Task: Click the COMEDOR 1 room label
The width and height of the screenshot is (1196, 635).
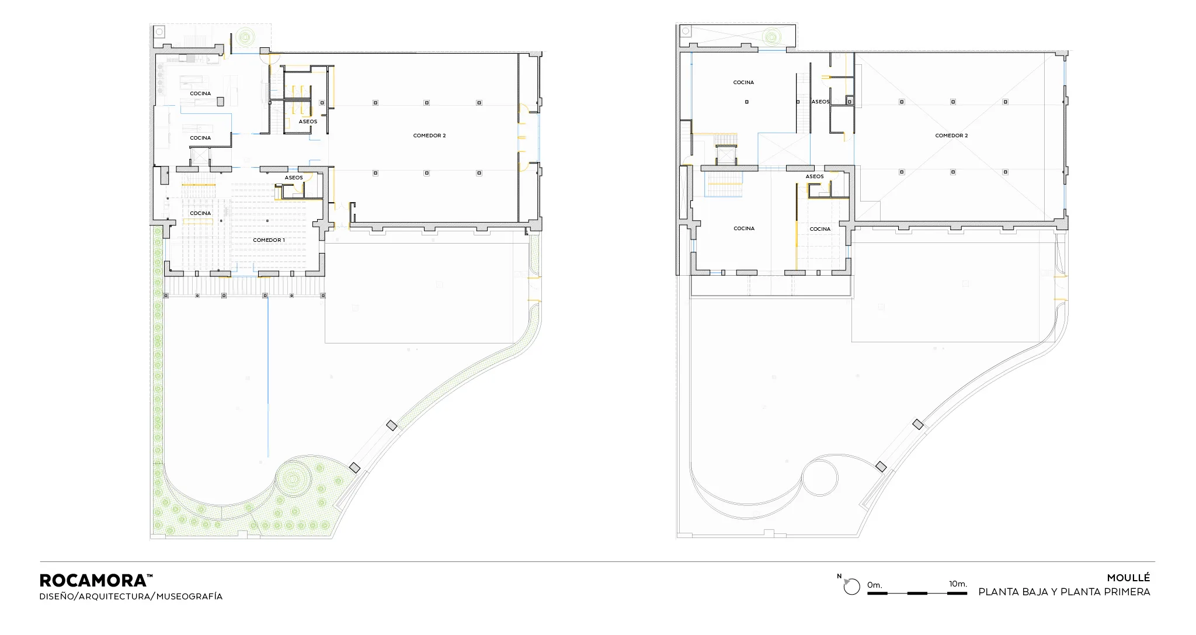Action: click(x=269, y=240)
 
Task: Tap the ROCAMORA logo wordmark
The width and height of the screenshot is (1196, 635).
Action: click(x=92, y=581)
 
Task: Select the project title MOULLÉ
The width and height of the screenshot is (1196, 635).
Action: click(x=1128, y=578)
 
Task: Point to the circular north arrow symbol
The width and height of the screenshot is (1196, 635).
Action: click(x=852, y=587)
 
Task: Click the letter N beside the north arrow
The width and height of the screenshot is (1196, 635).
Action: click(x=839, y=577)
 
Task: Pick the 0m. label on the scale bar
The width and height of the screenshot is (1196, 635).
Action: click(x=874, y=585)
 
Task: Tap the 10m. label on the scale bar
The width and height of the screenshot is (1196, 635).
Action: click(x=958, y=584)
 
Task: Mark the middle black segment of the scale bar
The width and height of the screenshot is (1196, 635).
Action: click(x=917, y=594)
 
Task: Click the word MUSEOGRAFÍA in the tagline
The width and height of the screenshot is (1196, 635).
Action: click(x=189, y=596)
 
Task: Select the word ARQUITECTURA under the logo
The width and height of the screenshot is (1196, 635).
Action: click(x=116, y=596)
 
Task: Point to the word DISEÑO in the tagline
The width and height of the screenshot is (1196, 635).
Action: click(x=57, y=596)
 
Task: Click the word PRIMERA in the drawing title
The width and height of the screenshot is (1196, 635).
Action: click(x=1127, y=592)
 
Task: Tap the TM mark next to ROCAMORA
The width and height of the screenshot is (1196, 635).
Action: click(x=150, y=576)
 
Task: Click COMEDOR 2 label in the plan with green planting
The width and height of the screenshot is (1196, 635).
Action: click(x=429, y=136)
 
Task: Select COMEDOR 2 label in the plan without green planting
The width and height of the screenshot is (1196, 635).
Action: click(x=951, y=136)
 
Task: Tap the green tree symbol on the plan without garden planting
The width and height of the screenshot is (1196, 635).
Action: click(x=772, y=37)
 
